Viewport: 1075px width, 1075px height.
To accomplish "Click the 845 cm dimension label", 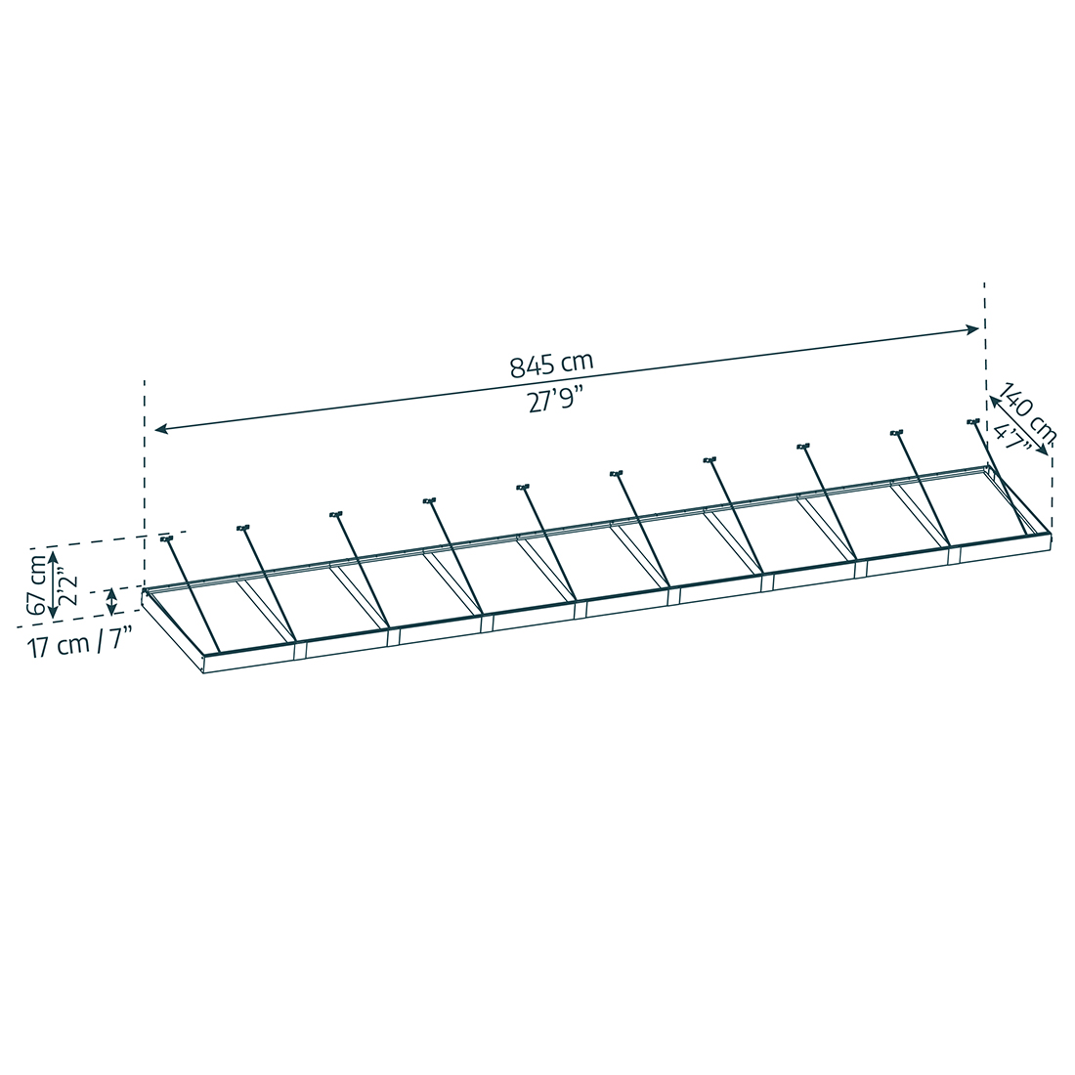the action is point(551,365).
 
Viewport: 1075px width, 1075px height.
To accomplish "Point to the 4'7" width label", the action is point(1013,440).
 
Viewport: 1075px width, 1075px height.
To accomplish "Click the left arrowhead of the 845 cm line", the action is point(161,429).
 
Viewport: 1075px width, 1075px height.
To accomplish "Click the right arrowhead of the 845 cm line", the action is point(972,329).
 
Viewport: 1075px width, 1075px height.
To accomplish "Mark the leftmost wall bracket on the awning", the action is point(166,538).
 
